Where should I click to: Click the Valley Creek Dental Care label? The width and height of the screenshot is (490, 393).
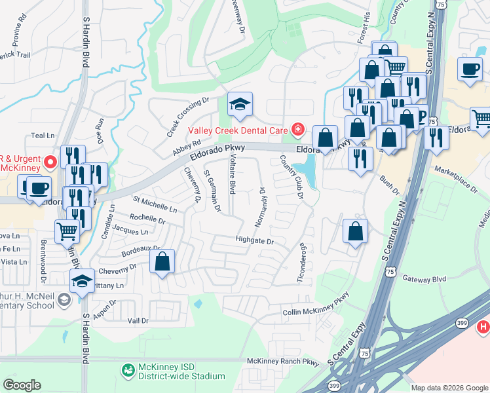click(238, 130)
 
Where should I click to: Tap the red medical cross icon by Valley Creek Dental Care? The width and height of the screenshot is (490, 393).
click(298, 130)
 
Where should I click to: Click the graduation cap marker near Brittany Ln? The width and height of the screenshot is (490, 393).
click(82, 282)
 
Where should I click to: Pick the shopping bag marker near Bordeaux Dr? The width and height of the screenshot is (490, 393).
click(162, 261)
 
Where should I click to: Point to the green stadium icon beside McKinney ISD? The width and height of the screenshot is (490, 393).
click(129, 371)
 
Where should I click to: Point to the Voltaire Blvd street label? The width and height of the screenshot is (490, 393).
click(231, 173)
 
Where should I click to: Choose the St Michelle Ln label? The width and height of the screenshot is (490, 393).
click(155, 204)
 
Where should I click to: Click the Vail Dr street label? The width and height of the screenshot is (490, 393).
click(138, 321)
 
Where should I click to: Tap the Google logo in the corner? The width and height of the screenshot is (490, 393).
click(22, 385)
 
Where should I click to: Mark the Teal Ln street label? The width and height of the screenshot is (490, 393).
click(43, 136)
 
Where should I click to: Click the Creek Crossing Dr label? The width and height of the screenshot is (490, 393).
click(187, 113)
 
